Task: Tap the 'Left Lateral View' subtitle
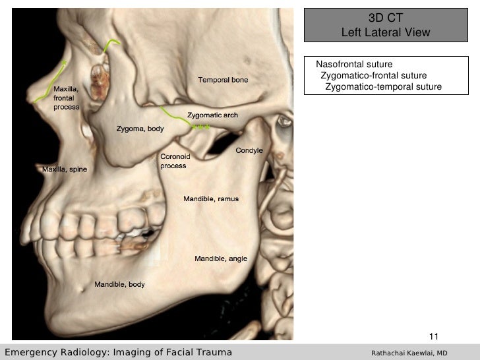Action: tap(386, 32)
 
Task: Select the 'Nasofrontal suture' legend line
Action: tap(354, 65)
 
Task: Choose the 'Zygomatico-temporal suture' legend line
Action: tap(383, 87)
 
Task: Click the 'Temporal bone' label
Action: tap(223, 80)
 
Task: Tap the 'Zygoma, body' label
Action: tap(140, 129)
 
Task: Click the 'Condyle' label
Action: tap(250, 150)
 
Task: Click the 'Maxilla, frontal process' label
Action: tap(67, 97)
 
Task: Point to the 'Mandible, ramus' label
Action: tap(211, 198)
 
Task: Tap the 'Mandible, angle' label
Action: tap(220, 258)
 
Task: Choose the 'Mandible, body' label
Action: tap(120, 285)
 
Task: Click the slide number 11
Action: tap(434, 336)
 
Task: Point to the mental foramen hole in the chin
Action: tap(84, 287)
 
